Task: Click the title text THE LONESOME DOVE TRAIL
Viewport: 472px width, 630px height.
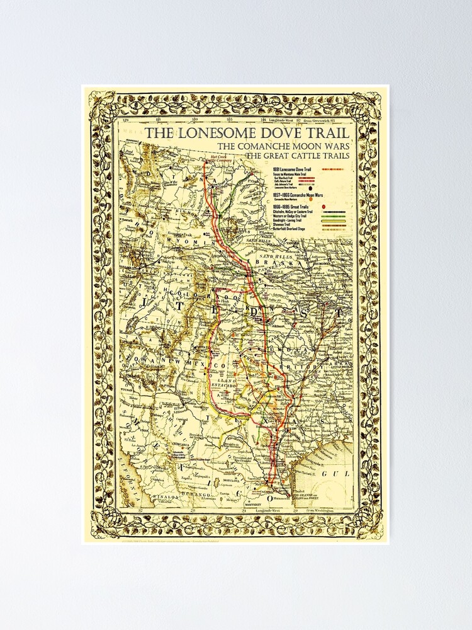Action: click(x=248, y=133)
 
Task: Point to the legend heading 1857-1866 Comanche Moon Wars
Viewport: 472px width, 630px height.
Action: click(x=299, y=195)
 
